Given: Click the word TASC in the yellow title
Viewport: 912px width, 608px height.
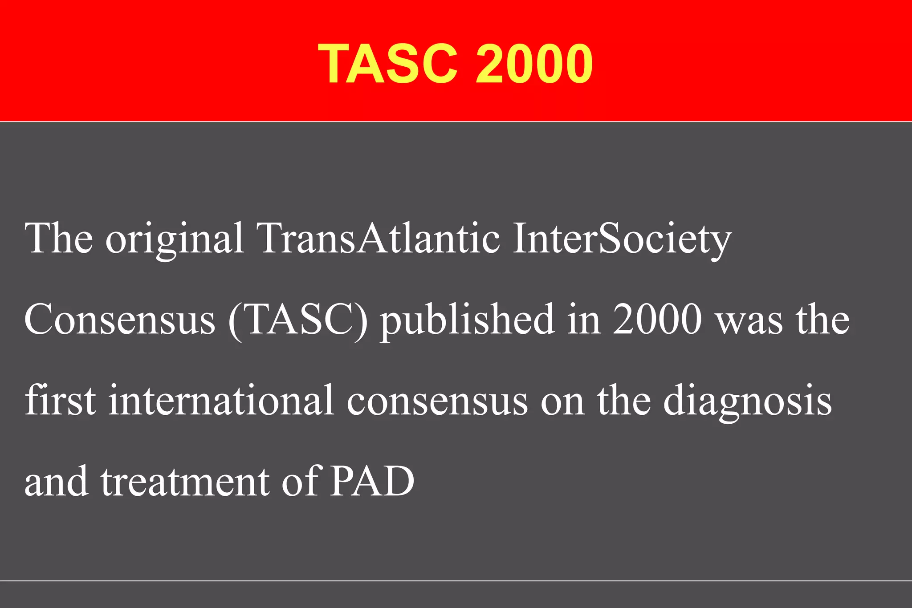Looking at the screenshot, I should point(388,64).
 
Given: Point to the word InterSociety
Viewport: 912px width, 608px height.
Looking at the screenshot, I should point(622,239).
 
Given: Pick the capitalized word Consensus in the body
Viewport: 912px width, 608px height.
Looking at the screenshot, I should point(120,319).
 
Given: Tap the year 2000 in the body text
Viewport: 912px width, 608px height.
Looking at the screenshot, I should point(657,319).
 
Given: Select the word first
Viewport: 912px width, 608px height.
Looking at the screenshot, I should point(60,400).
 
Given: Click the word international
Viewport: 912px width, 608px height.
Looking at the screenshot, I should point(221,400).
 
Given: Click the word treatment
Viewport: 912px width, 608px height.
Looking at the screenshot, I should point(185,482).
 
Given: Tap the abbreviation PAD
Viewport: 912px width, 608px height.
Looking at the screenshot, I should point(372,482).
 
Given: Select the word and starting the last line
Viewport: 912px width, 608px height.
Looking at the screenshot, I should point(56,482).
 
